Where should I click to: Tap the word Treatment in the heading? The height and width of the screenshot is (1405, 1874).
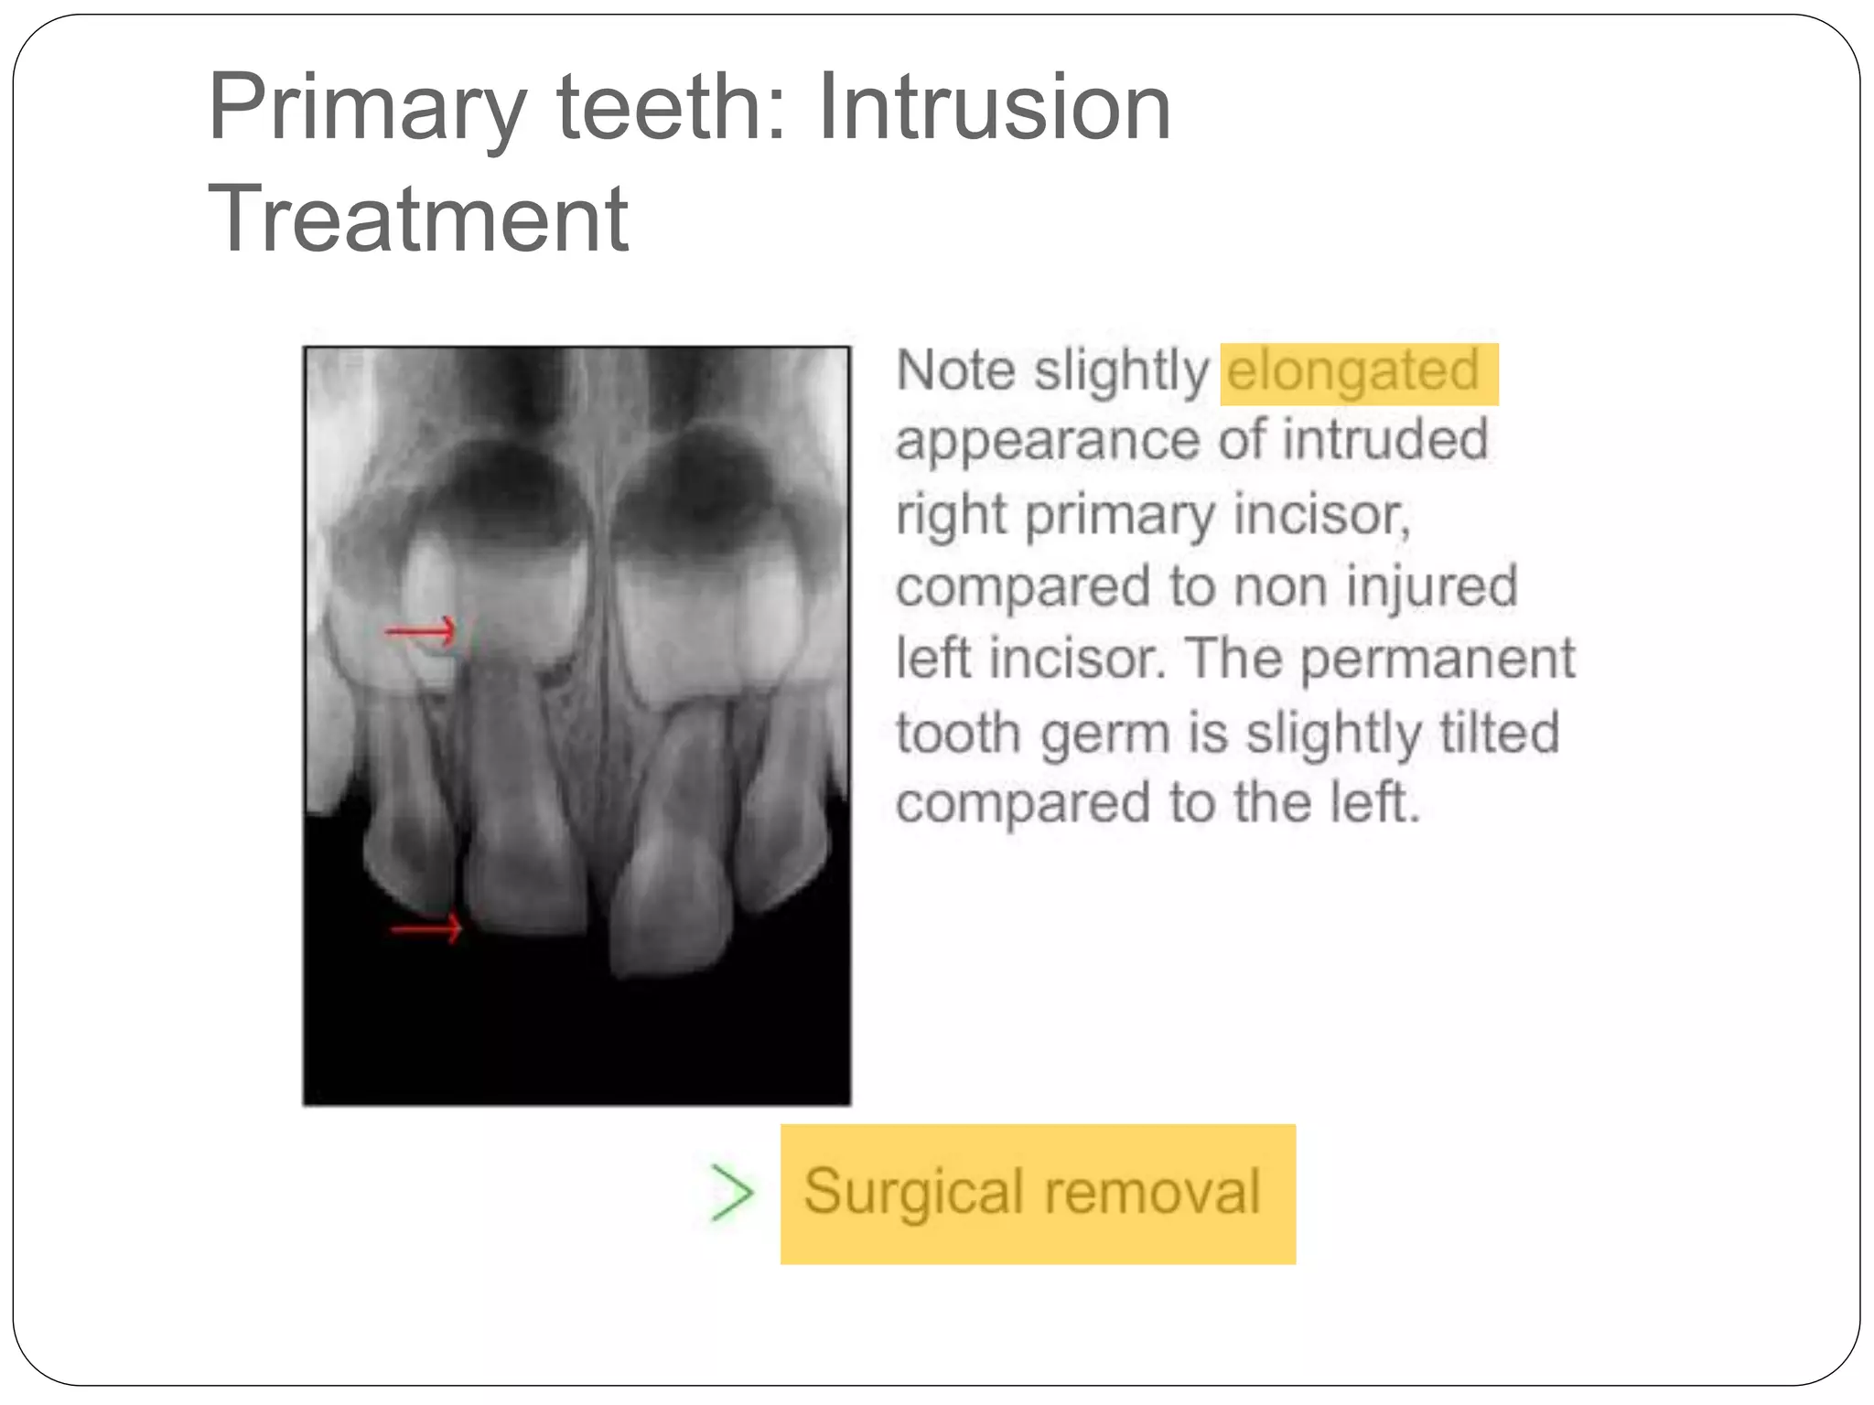418,220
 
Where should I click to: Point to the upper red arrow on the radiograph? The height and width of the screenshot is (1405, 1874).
420,630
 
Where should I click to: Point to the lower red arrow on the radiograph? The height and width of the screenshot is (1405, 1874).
426,929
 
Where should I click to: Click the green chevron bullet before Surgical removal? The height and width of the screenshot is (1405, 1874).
732,1193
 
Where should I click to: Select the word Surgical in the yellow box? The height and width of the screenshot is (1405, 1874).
913,1193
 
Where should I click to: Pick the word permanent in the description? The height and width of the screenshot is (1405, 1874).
1438,660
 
